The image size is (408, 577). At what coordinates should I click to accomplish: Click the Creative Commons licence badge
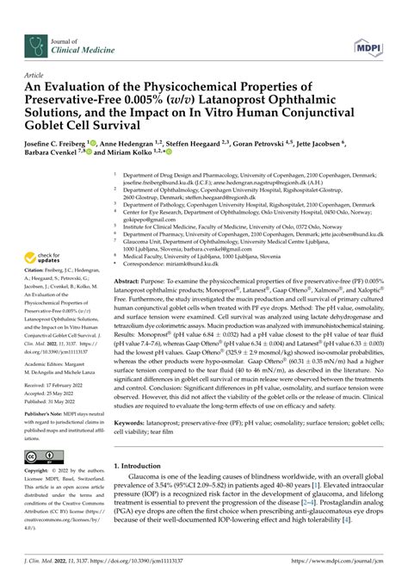[x=43, y=457]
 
